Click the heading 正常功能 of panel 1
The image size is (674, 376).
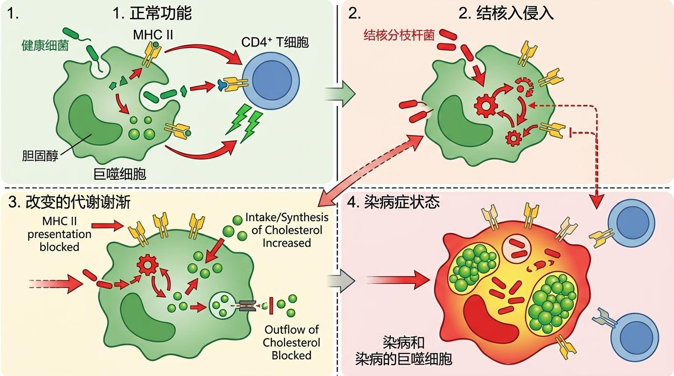click(152, 13)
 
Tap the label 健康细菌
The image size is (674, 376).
click(45, 46)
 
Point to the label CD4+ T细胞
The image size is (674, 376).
click(275, 43)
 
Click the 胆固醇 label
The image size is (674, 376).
click(39, 156)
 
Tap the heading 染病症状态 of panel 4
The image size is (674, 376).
click(402, 202)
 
